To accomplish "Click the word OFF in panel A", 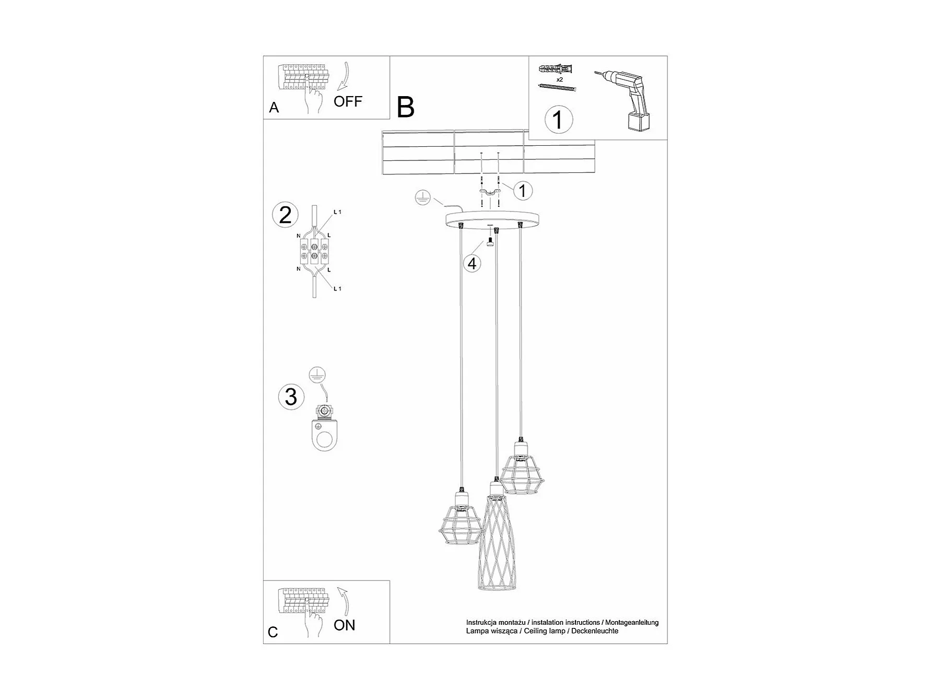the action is [x=348, y=101].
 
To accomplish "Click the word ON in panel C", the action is [x=344, y=625].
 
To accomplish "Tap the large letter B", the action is [x=406, y=107].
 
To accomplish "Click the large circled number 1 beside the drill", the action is [x=558, y=120].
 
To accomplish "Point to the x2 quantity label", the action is [x=560, y=80].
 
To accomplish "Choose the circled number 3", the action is [x=291, y=397].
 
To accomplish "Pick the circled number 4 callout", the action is [x=472, y=264].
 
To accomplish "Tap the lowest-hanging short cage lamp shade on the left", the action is [x=459, y=522].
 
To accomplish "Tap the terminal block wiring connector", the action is [x=313, y=251].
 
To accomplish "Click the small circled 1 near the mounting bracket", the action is [x=523, y=191].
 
